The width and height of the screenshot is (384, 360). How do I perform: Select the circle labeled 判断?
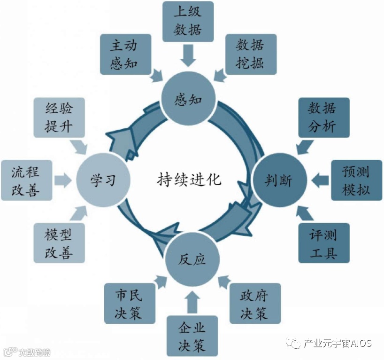coord(280,180)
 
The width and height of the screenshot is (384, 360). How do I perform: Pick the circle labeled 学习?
coord(103,180)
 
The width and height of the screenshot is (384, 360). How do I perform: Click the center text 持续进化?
coord(189,179)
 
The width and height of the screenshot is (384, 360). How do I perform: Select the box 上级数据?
coord(188,22)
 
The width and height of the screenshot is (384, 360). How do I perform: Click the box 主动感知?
coord(124,54)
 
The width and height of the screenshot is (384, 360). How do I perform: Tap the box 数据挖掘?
coord(250,54)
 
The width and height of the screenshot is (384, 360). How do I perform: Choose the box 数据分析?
coord(323,117)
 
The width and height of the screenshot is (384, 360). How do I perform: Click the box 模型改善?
coord(59,242)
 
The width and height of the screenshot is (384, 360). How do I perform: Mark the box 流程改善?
coord(26,180)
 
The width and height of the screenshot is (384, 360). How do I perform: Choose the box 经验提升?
coord(59,117)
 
